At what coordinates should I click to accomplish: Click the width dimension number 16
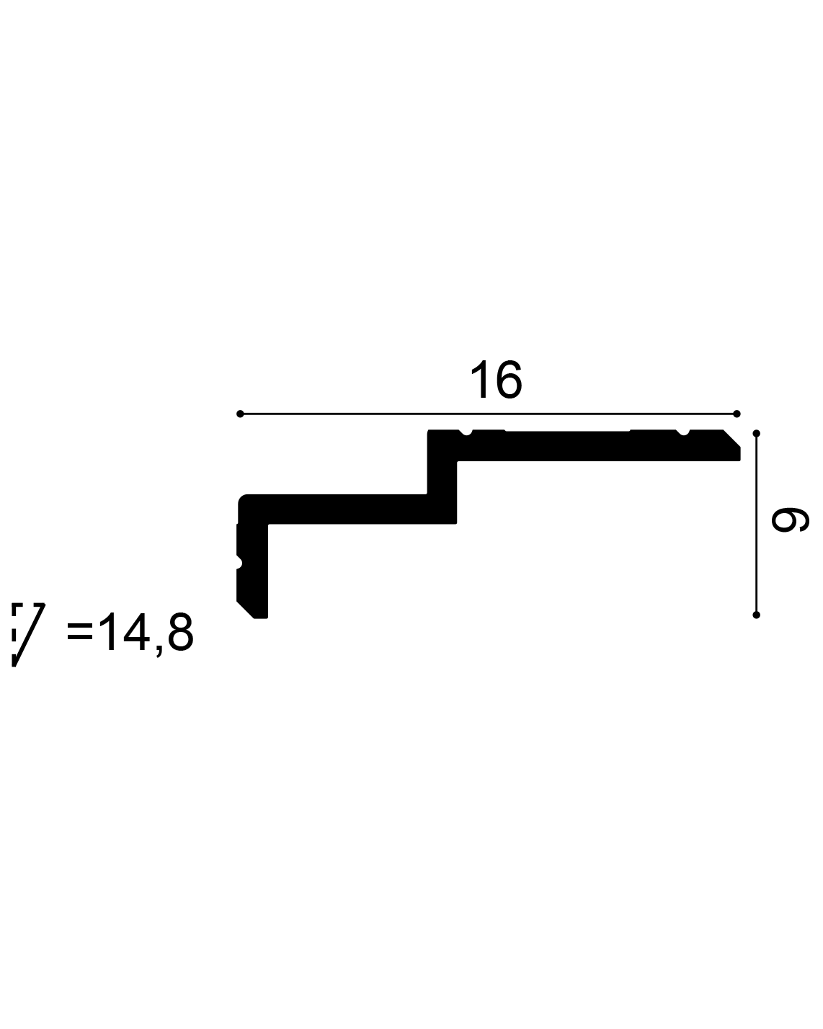(496, 379)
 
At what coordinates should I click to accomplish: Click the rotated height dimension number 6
(790, 520)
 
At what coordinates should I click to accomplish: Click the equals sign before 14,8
(80, 631)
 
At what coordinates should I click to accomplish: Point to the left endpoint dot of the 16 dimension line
(240, 414)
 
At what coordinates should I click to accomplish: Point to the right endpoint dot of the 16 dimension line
(737, 414)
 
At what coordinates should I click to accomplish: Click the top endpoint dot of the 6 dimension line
(756, 434)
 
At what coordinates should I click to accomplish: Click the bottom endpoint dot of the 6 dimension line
(756, 615)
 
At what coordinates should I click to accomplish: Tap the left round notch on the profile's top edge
(466, 432)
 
